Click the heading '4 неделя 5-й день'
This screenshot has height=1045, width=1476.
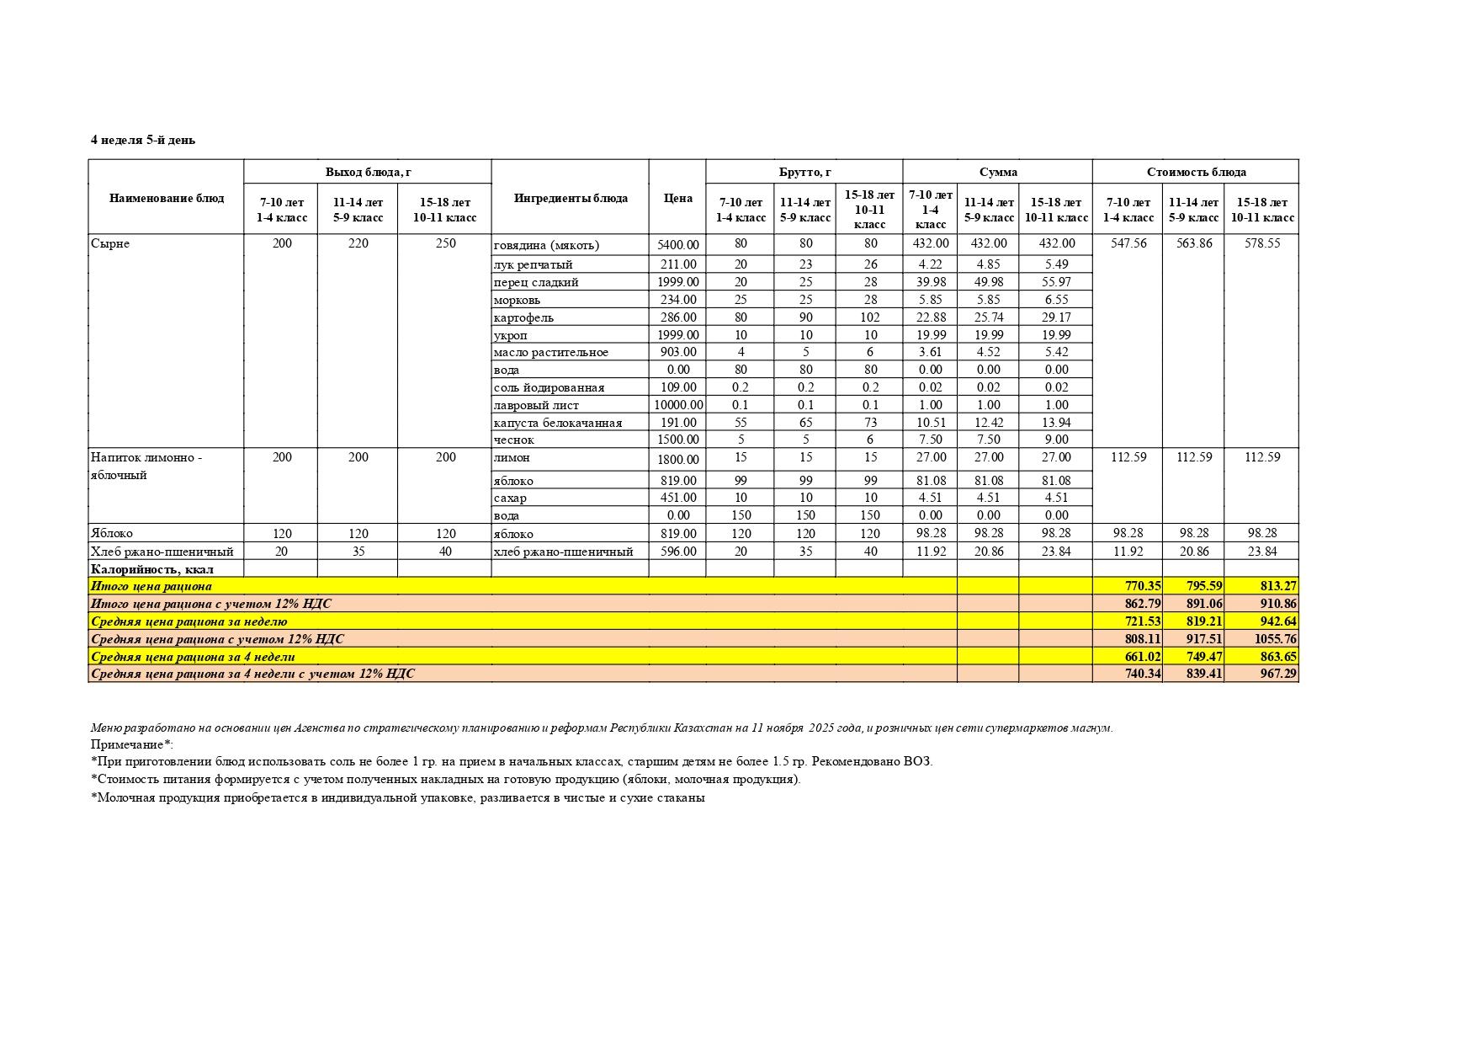(142, 140)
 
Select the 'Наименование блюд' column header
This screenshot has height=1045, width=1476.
(166, 198)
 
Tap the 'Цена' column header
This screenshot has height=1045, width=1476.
(677, 198)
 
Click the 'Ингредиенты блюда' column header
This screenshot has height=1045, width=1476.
(570, 198)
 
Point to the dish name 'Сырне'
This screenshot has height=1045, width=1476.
(110, 243)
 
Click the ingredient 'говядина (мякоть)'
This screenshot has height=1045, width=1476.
(546, 245)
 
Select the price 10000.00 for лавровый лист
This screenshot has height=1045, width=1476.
(678, 405)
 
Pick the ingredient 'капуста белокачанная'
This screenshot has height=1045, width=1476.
(558, 423)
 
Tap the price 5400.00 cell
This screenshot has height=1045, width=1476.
(678, 245)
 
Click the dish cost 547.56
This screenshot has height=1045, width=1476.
(1128, 243)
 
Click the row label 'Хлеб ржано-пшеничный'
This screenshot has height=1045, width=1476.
(162, 552)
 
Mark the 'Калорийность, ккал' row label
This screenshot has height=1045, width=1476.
(152, 569)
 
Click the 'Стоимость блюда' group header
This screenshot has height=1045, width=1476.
(1195, 172)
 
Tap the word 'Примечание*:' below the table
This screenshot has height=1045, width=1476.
(131, 744)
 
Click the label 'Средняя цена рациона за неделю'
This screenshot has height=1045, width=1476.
(188, 621)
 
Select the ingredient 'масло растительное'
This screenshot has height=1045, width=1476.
(550, 352)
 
